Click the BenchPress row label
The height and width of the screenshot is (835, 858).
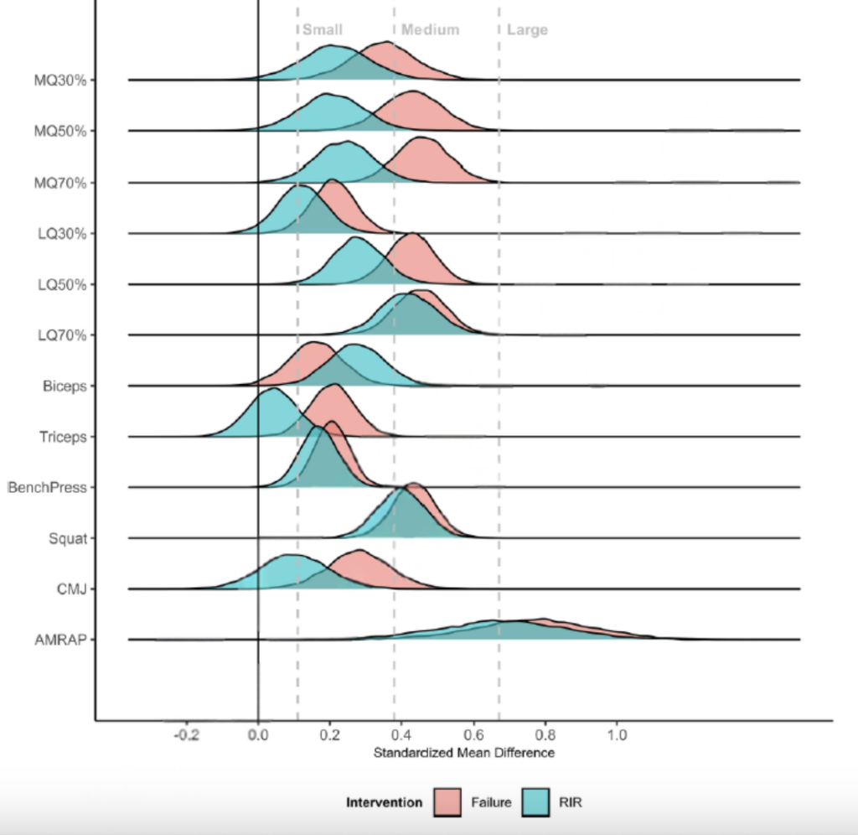pos(47,487)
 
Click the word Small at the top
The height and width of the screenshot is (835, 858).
pos(323,29)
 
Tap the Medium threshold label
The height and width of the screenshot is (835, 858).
pos(430,29)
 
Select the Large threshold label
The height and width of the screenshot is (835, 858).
pos(527,29)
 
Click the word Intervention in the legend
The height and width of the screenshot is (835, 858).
pos(384,802)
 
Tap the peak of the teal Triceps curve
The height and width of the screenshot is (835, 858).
pos(272,389)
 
